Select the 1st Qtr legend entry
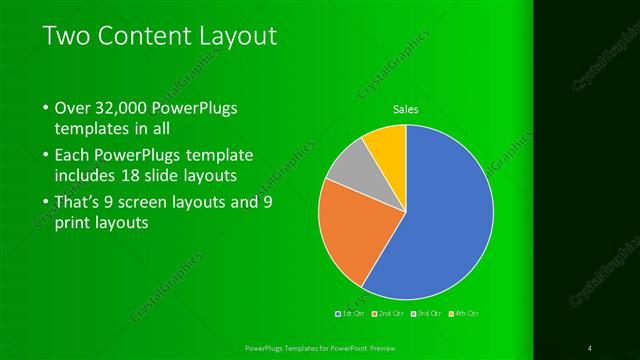351,313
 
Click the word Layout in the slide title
234,37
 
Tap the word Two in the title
67,37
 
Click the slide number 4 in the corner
590,347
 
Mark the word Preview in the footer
374,347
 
